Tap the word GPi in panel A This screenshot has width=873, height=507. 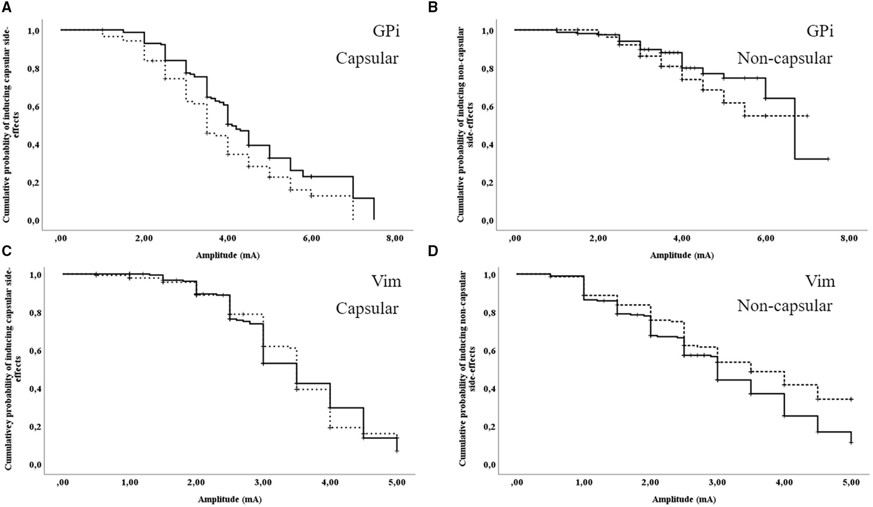coord(385,31)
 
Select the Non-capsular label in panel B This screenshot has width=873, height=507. coord(784,59)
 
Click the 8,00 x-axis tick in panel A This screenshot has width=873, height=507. coord(395,238)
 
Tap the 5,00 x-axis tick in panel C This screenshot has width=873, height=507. coord(397,482)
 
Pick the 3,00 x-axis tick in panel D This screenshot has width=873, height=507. coord(717,482)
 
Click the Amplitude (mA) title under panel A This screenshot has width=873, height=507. coord(228,256)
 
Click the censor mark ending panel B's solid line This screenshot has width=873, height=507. coord(828,159)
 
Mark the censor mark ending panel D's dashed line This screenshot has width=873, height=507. coord(851,399)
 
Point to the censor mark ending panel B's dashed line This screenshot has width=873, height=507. coord(807,116)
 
